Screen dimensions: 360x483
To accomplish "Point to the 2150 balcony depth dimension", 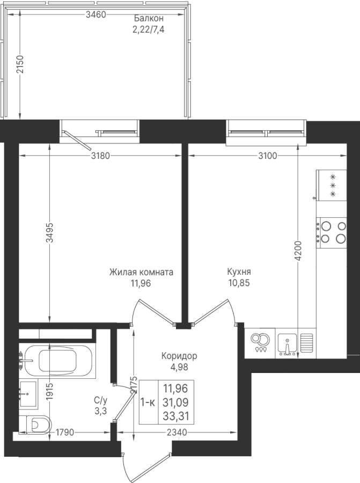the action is (x=20, y=64).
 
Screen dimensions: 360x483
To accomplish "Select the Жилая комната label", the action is (x=141, y=272).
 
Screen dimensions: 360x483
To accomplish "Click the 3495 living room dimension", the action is (x=50, y=233).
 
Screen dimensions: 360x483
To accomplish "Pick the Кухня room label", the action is (x=239, y=272).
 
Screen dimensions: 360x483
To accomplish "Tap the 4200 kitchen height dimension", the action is (x=298, y=251).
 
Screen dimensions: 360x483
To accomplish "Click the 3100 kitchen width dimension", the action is (x=268, y=156).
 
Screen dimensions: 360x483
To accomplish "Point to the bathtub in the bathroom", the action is (x=58, y=360).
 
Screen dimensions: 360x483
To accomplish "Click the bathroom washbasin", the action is (x=28, y=394).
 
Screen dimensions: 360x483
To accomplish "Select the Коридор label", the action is (x=179, y=356).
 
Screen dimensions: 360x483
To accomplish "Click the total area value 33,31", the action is (x=176, y=416).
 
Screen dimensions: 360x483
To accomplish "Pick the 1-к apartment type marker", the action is (x=148, y=402).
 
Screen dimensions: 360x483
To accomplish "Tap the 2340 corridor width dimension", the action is (x=177, y=433).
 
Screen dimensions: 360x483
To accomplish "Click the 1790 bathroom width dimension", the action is (x=65, y=433).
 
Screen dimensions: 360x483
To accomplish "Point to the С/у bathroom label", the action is (x=101, y=401).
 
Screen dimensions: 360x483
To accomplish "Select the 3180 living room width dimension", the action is (x=100, y=156).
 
